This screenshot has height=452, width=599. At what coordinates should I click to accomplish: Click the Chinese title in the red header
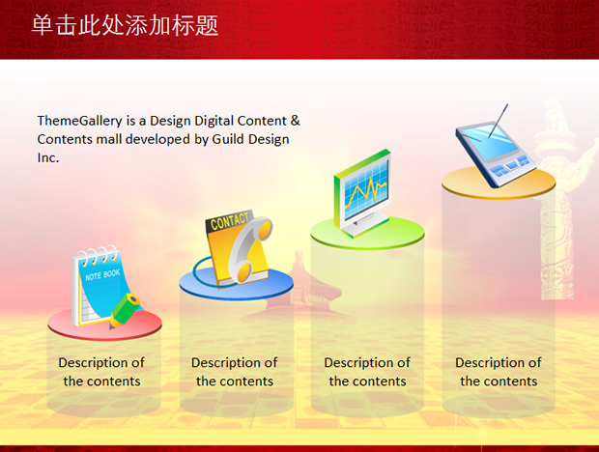pos(125,25)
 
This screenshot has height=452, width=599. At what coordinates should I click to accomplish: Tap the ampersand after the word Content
pos(295,121)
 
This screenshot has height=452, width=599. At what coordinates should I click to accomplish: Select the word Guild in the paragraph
pos(228,139)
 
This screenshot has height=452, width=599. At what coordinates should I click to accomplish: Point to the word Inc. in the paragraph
pos(48,157)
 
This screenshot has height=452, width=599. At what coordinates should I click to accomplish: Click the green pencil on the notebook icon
pos(125,310)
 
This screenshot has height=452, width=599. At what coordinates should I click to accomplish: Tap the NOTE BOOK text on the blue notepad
pos(102,274)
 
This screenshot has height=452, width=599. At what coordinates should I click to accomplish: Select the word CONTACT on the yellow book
pos(229,221)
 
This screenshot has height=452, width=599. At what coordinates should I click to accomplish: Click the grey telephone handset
pos(249,249)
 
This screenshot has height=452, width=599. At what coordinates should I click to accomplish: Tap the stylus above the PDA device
pos(499,120)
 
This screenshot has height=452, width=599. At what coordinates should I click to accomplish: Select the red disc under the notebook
pos(104,325)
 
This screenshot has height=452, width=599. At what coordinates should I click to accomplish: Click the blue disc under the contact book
pos(236,283)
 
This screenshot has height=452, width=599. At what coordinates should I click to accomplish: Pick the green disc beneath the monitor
pos(367,234)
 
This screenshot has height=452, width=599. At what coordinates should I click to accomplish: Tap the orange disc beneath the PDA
pos(499,184)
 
